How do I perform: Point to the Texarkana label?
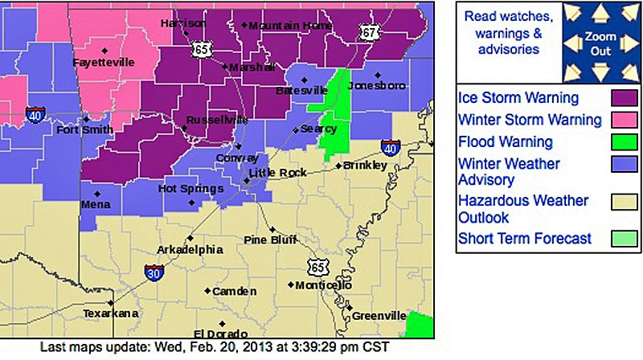pyautogui.click(x=111, y=313)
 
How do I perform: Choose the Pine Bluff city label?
pyautogui.click(x=271, y=239)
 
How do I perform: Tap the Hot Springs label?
pyautogui.click(x=190, y=189)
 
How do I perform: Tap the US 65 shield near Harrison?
pyautogui.click(x=201, y=50)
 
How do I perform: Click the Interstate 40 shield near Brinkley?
pyautogui.click(x=390, y=148)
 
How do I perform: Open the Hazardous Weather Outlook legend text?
pyautogui.click(x=522, y=209)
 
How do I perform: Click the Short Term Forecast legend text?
pyautogui.click(x=524, y=239)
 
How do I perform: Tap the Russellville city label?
pyautogui.click(x=217, y=121)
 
